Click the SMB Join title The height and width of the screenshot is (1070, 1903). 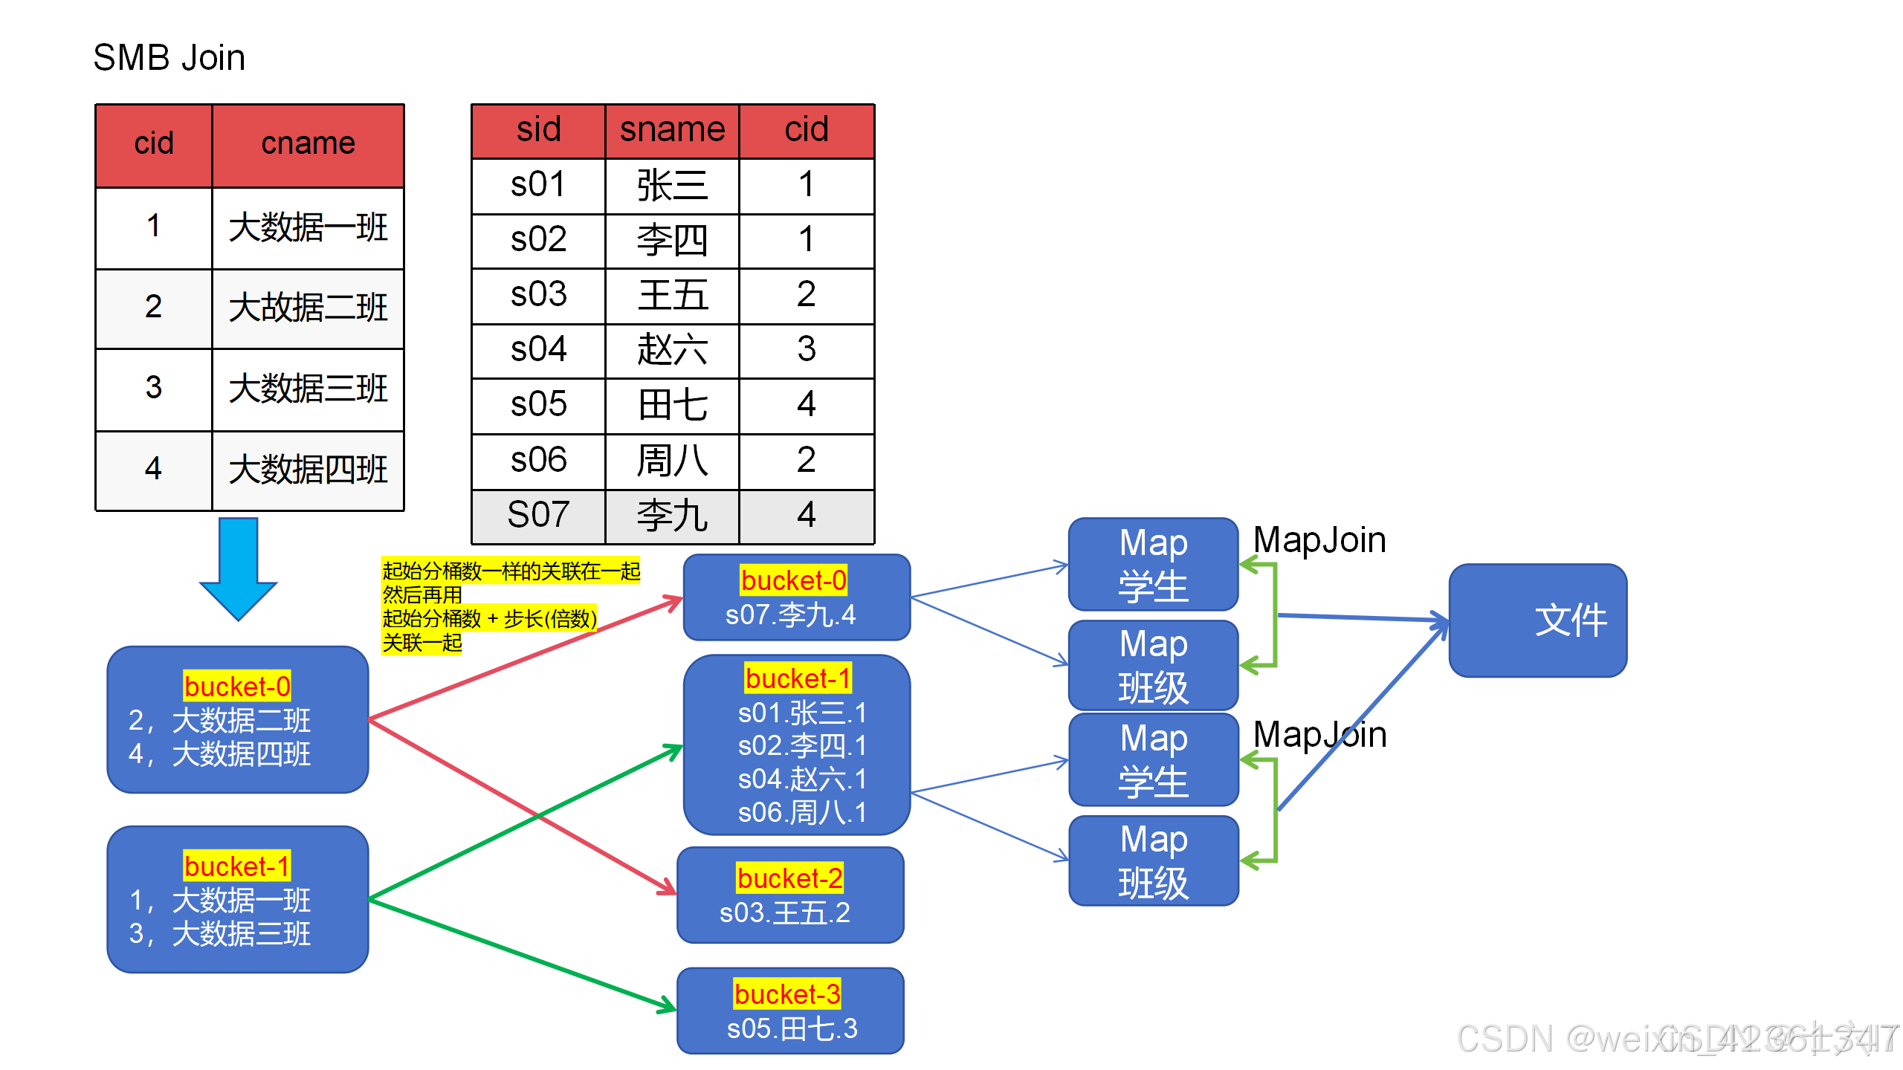[x=169, y=58]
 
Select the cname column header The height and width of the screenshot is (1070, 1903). [x=308, y=143]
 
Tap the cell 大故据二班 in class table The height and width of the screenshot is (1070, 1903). [x=308, y=307]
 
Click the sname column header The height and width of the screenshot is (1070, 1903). [x=672, y=130]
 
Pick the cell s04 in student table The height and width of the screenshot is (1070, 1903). [x=538, y=349]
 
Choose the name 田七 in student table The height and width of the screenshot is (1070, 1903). [x=672, y=405]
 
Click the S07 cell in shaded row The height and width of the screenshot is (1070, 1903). [x=538, y=515]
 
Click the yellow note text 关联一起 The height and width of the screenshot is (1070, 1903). [x=421, y=643]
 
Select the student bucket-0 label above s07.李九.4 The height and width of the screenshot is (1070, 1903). [x=793, y=580]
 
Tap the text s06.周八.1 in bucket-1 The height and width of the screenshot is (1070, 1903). [x=801, y=813]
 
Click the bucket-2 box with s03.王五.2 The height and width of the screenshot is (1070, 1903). [x=790, y=895]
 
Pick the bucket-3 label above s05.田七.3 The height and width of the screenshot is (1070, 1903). [x=787, y=994]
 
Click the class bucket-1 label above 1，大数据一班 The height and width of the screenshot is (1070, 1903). [x=236, y=866]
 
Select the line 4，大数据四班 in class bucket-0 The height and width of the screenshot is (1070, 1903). [x=220, y=754]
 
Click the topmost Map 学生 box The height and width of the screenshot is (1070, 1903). [x=1153, y=565]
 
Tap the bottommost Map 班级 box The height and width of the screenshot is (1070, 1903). [x=1153, y=860]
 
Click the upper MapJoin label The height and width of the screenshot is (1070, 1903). [x=1319, y=540]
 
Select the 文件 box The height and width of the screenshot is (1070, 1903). [x=1537, y=620]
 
